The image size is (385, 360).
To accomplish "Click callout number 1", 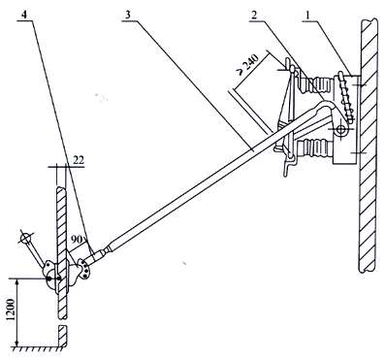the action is click(309, 15).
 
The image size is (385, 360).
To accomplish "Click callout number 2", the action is click(255, 15).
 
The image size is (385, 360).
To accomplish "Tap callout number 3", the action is click(128, 15).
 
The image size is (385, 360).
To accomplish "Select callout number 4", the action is click(24, 15).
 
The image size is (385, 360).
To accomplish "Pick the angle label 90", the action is click(79, 240).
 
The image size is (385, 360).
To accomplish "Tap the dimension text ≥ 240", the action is click(248, 65).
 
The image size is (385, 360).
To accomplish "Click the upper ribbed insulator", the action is click(316, 84).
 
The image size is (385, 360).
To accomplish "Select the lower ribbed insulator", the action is click(315, 148).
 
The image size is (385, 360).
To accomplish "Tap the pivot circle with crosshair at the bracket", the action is click(340, 129).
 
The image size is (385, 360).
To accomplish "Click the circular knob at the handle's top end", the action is click(25, 238).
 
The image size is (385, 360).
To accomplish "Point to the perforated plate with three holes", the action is click(85, 268).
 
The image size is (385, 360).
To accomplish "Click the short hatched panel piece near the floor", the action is click(62, 337).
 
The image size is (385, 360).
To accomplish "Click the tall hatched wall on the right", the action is click(368, 146).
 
